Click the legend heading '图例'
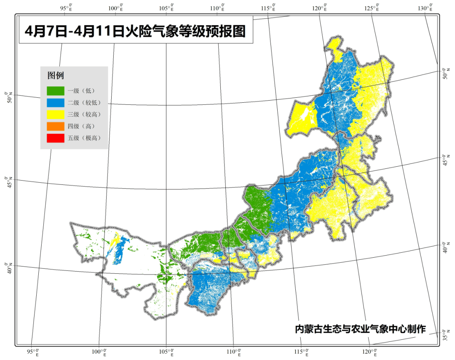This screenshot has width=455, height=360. [x=56, y=76]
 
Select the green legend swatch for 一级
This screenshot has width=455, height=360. [x=56, y=91]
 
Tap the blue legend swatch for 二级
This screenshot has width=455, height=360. [x=56, y=102]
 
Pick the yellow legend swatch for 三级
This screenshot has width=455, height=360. [x=56, y=114]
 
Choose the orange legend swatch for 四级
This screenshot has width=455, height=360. [x=56, y=126]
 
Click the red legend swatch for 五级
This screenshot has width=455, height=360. [x=56, y=138]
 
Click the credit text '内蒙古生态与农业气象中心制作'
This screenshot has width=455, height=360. [x=361, y=329]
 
